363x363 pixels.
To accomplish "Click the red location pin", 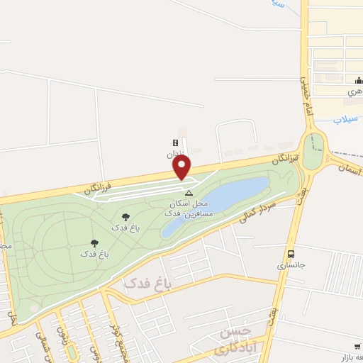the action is point(182,167).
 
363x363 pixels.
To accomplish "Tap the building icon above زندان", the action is point(175,143).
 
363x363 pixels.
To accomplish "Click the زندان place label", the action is point(174,154).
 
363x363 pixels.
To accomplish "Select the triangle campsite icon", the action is point(189,193).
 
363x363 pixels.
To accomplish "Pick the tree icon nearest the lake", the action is point(126,217).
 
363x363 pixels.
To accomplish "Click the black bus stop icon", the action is point(291,254).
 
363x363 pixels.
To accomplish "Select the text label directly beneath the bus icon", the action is point(290,266).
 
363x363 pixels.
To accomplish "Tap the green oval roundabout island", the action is point(313,150).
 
